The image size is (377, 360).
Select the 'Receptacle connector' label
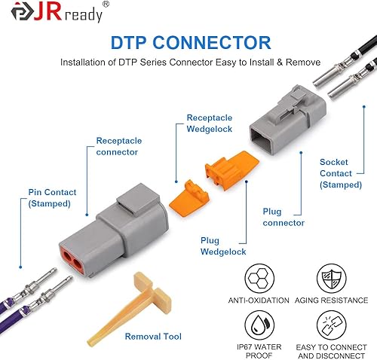coord(117,146)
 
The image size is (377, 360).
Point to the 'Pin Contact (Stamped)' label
coord(51,197)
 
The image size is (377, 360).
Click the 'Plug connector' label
coord(284,217)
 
